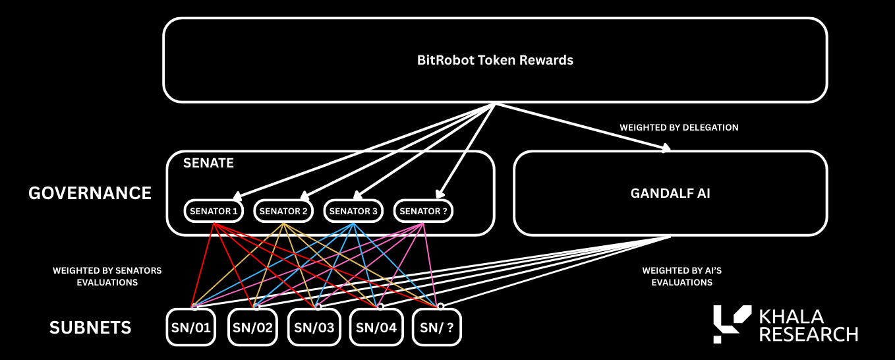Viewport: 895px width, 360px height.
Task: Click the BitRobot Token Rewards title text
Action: click(x=495, y=60)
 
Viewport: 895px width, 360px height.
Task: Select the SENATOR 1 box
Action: click(x=214, y=211)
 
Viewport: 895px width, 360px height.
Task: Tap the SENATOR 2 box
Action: click(x=283, y=211)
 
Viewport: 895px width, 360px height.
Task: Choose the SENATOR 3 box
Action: click(x=353, y=211)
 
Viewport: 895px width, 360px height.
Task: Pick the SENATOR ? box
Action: click(x=424, y=211)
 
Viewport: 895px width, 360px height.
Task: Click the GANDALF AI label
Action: click(x=670, y=194)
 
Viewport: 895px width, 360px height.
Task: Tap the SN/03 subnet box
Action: click(x=314, y=327)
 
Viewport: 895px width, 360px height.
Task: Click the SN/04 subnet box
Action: click(x=376, y=327)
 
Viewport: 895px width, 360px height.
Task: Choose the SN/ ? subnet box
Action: click(x=437, y=327)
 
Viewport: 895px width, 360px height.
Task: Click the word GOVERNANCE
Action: click(x=90, y=193)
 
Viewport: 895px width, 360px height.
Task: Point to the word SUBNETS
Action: click(x=90, y=328)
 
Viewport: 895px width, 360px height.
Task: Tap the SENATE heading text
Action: click(x=208, y=163)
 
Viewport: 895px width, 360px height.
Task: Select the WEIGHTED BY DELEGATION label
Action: click(x=679, y=127)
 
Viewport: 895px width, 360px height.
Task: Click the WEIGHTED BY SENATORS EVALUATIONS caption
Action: click(x=107, y=276)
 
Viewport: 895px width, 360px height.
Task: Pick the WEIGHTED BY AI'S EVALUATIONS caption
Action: click(x=682, y=276)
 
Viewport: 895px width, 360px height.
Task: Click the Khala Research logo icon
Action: click(x=731, y=324)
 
